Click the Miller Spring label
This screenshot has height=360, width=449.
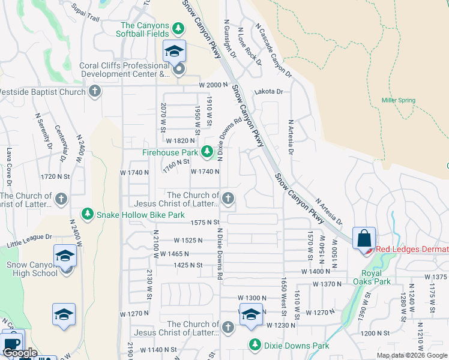pos(398,100)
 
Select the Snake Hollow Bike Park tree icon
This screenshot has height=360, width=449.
pos(88,214)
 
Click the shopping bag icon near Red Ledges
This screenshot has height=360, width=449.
pos(364,238)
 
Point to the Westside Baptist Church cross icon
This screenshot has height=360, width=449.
pos(94,92)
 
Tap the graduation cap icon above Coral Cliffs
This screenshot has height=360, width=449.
pos(175,51)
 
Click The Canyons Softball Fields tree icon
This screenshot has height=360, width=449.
pos(178,28)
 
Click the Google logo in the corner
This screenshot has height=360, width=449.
pos(19,353)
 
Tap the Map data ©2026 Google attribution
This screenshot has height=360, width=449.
pos(412,355)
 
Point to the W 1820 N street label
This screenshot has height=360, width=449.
pos(181,140)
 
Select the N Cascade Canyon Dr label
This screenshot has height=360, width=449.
pos(273,50)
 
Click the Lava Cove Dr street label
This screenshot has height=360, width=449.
pos(8,163)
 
